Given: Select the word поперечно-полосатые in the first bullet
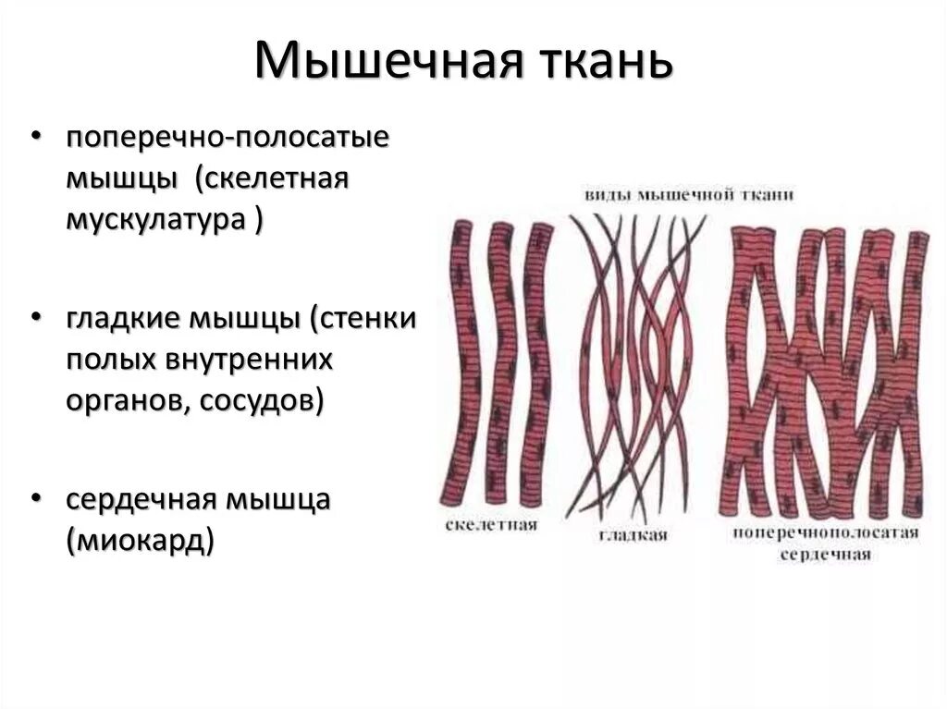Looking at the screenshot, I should coord(228,138).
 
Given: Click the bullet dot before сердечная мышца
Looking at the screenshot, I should coord(35,499).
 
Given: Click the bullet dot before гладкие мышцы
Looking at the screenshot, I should coord(35,319).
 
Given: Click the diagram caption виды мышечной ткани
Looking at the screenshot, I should coord(689,195).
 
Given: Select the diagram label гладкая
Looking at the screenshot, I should coord(633,534).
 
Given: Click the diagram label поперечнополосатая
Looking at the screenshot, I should coord(826,533).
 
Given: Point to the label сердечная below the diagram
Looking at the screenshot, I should coord(826,556).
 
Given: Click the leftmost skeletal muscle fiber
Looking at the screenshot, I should coord(460,361).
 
